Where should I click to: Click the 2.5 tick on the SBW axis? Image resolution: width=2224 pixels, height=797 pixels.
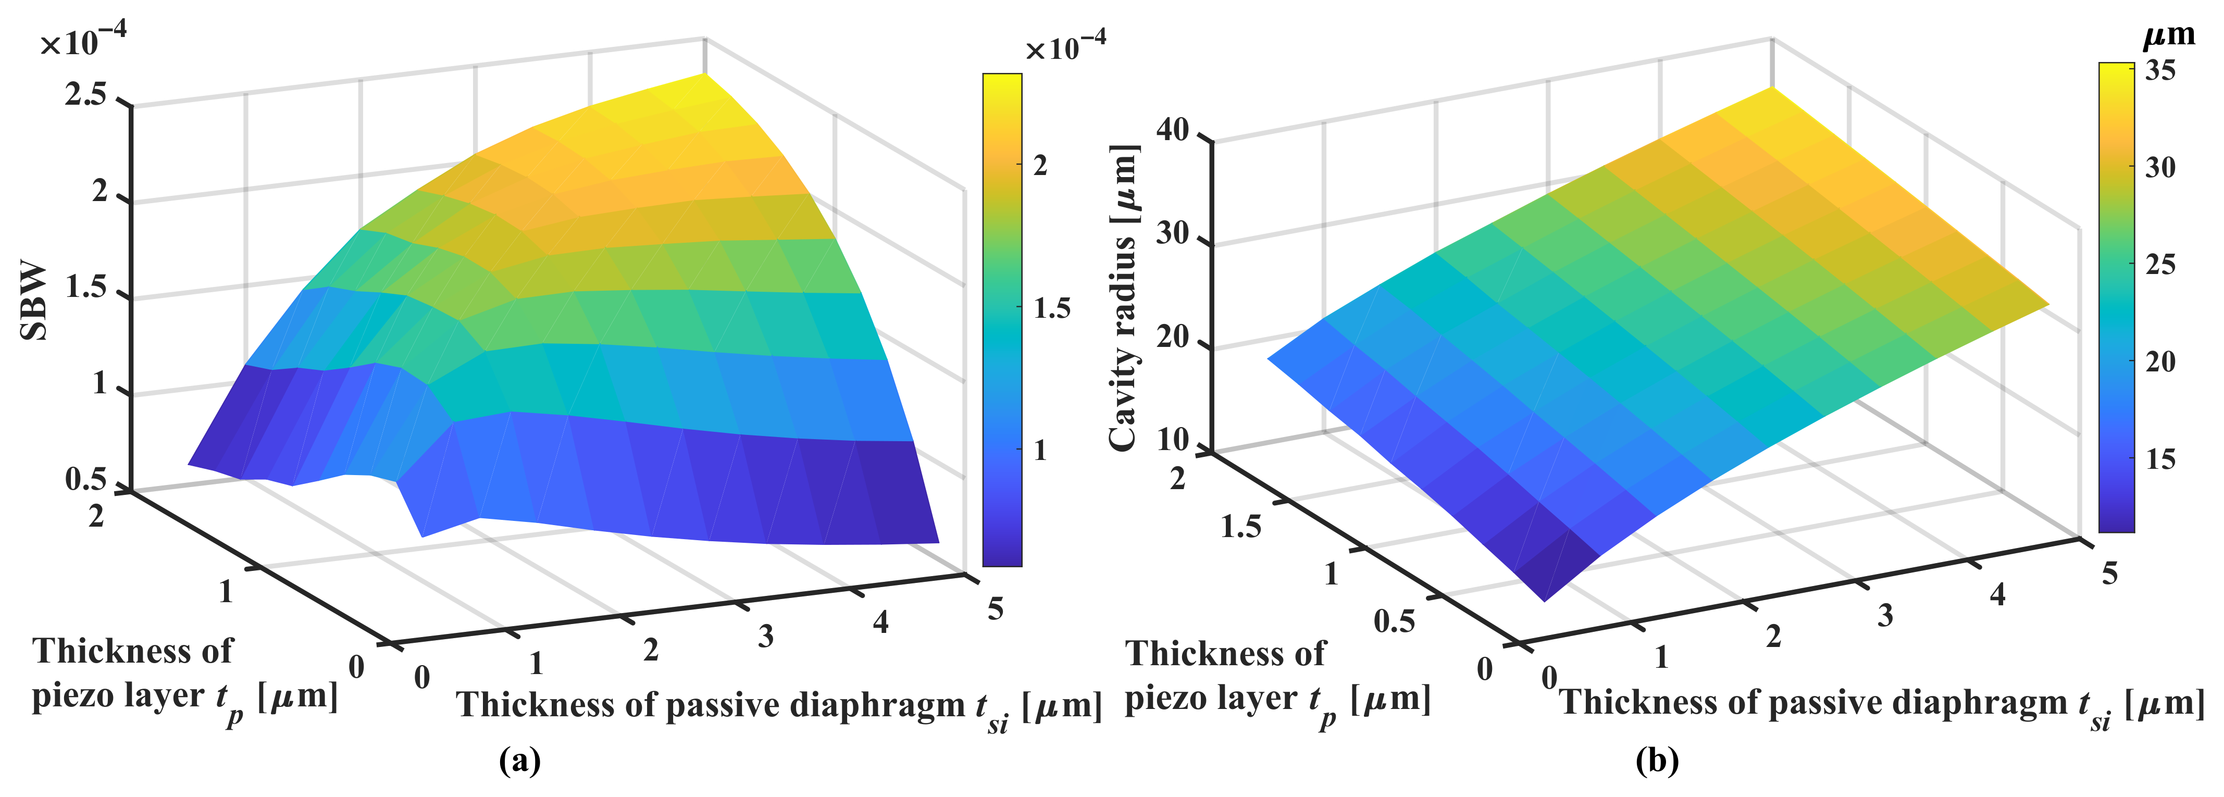(x=86, y=94)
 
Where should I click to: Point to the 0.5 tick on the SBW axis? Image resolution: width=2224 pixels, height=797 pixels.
(x=86, y=479)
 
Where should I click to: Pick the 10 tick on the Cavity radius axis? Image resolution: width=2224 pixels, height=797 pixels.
(x=1173, y=440)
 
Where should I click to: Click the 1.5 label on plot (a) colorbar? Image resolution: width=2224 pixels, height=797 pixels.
(x=1051, y=308)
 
